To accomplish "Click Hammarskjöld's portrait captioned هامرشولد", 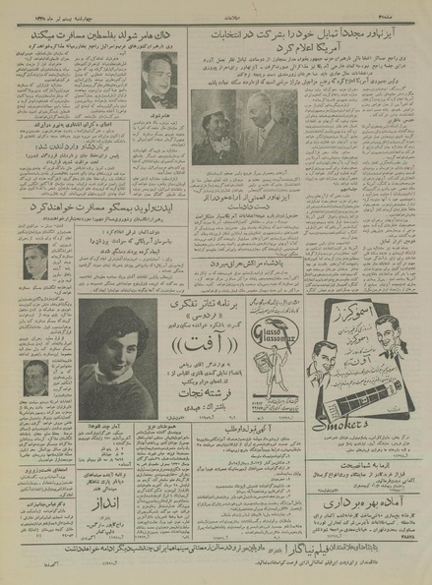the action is pos(156,80).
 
